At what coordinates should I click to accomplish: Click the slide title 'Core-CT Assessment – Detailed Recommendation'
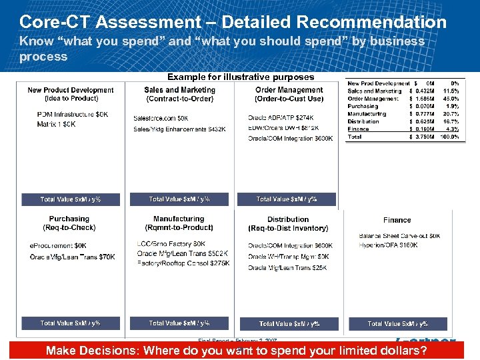233,22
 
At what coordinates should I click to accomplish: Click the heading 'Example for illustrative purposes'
240,77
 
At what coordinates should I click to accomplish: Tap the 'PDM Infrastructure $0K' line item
73,115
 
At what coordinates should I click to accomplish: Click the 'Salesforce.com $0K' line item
161,118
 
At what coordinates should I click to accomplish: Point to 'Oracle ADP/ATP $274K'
283,118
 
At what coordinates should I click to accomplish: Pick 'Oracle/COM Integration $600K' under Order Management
290,139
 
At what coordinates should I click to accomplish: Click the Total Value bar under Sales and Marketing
179,199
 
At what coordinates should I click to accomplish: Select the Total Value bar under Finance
397,323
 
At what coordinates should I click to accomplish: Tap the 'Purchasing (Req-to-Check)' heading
69,223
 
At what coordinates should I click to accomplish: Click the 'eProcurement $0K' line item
58,246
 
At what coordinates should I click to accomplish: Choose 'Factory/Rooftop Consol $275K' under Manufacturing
183,263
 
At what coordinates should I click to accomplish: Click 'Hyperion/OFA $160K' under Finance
389,245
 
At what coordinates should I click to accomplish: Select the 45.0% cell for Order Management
451,99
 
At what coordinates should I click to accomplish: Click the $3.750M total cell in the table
423,137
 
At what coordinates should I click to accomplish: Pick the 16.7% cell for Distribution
451,122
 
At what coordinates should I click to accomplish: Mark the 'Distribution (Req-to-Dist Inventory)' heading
288,223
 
